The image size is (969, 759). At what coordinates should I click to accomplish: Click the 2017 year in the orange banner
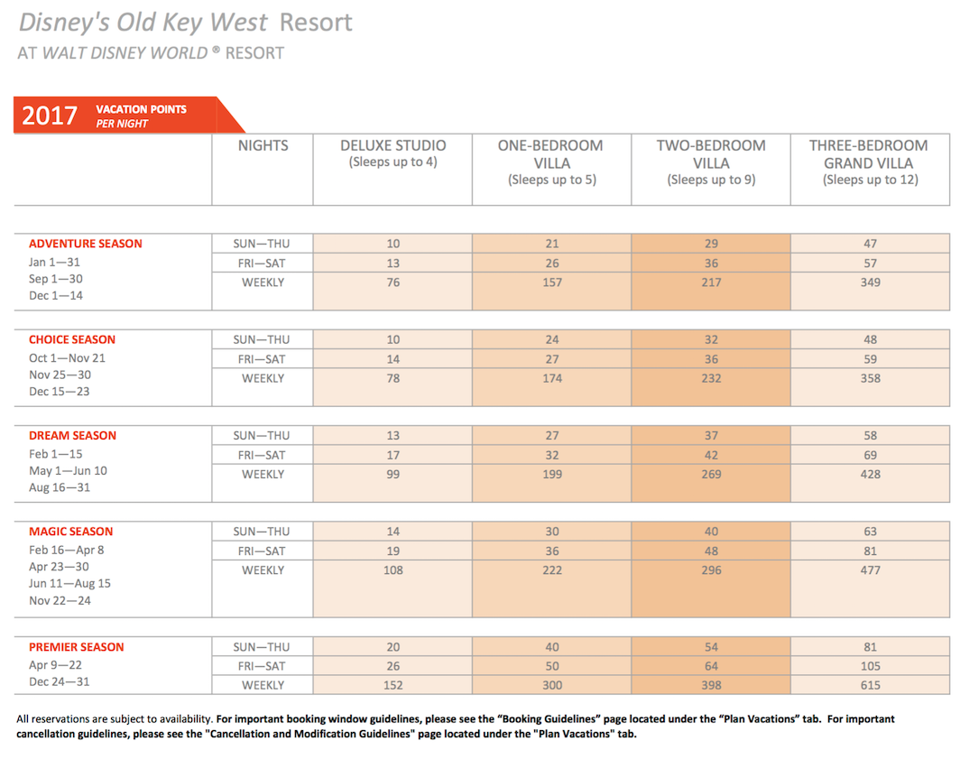pos(50,115)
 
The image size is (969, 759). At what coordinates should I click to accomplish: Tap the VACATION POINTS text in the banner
pos(141,109)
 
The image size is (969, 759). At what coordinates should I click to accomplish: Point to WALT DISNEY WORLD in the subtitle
pos(125,53)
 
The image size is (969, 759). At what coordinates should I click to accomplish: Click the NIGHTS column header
pos(263,145)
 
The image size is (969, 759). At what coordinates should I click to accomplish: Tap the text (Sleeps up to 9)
pos(711,180)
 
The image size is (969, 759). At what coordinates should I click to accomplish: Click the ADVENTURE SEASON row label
pos(86,244)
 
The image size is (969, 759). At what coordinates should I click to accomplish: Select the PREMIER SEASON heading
pos(76,647)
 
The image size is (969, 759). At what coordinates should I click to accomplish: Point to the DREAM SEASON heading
pos(72,436)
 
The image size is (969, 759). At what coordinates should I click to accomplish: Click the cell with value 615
pos(870,686)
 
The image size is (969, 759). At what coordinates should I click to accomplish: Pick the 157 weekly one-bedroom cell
pos(552,282)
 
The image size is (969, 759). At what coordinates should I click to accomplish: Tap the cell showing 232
pos(711,378)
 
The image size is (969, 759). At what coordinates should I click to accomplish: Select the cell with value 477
pos(870,570)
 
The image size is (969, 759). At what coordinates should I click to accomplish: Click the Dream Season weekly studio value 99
pos(393,475)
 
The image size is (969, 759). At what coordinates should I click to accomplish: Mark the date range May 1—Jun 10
pos(68,471)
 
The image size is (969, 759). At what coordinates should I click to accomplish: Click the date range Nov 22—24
pos(60,601)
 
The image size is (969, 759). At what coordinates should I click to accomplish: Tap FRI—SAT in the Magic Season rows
pos(262,551)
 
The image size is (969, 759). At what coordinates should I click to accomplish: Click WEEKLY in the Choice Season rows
pos(263,378)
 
